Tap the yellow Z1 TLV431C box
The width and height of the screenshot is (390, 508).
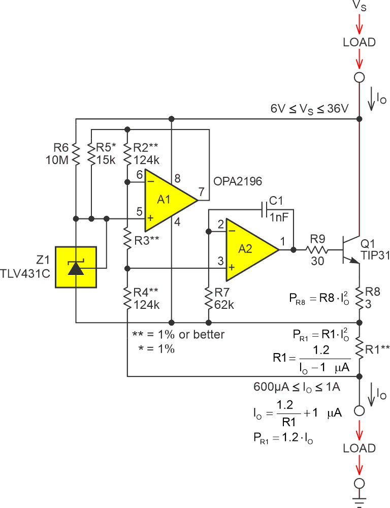[x=76, y=267]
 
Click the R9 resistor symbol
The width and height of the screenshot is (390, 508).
[x=317, y=249]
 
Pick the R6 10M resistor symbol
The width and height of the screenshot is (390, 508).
[x=76, y=154]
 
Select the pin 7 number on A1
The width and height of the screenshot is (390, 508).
[x=201, y=192]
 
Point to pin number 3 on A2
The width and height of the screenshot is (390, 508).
[x=220, y=261]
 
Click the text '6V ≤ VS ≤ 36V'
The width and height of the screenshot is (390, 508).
[x=309, y=109]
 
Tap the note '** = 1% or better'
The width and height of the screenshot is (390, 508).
[x=178, y=335]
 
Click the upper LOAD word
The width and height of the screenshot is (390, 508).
[x=360, y=42]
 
